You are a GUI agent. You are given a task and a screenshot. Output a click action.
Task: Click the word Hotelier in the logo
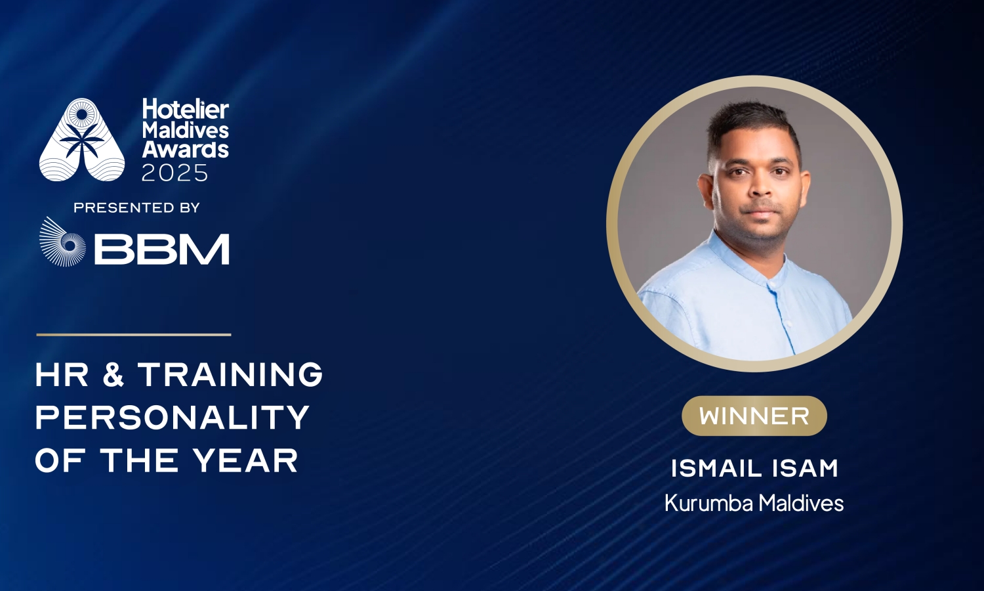tap(186, 109)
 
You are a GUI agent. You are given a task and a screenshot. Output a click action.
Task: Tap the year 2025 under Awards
tap(174, 173)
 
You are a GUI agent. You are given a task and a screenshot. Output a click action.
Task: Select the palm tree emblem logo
tap(82, 140)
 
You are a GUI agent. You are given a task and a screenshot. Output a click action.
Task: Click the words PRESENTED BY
tap(137, 208)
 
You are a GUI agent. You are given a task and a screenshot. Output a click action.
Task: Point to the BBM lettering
tap(162, 249)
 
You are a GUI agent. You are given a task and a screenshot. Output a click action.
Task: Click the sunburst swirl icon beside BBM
tap(62, 242)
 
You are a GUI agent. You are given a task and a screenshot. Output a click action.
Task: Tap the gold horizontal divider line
tap(134, 335)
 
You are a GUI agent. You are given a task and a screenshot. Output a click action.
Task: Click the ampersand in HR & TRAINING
tap(113, 375)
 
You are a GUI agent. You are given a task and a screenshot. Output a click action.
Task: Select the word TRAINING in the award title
tap(231, 375)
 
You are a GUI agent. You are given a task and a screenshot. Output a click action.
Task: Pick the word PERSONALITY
tap(173, 417)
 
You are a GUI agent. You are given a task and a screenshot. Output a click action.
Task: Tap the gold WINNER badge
tap(754, 416)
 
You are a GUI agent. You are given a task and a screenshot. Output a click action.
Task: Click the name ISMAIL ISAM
tap(754, 469)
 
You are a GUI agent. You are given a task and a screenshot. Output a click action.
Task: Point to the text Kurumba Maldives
tap(754, 503)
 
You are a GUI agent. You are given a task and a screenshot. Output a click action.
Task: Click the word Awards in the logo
tap(185, 150)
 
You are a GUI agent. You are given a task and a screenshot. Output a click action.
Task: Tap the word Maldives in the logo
tap(186, 130)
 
